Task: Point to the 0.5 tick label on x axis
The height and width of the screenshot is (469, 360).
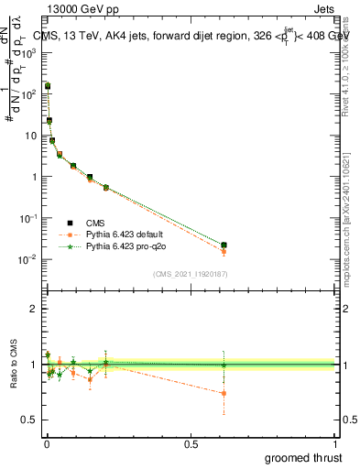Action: tap(191, 443)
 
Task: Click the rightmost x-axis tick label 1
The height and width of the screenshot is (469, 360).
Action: tap(335, 443)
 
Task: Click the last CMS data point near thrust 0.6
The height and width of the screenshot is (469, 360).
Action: tap(224, 245)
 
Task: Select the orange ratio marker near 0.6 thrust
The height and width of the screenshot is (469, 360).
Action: tap(224, 393)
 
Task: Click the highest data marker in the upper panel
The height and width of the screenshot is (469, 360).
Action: tap(48, 86)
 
